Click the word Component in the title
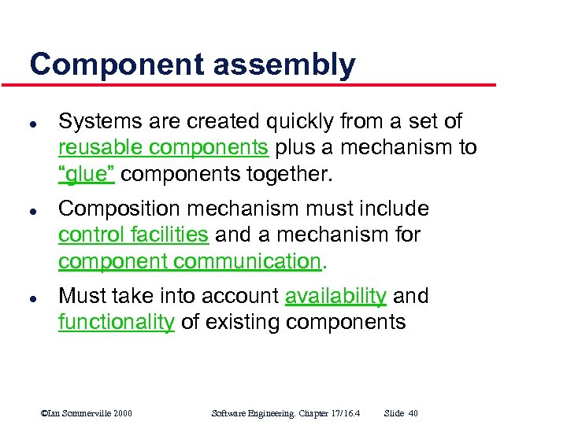pyautogui.click(x=106, y=65)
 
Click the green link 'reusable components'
pyautogui.click(x=164, y=148)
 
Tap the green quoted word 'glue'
pyautogui.click(x=87, y=174)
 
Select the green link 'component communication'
pyautogui.click(x=189, y=261)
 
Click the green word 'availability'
pyautogui.click(x=335, y=296)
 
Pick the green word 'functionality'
pyautogui.click(x=116, y=322)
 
